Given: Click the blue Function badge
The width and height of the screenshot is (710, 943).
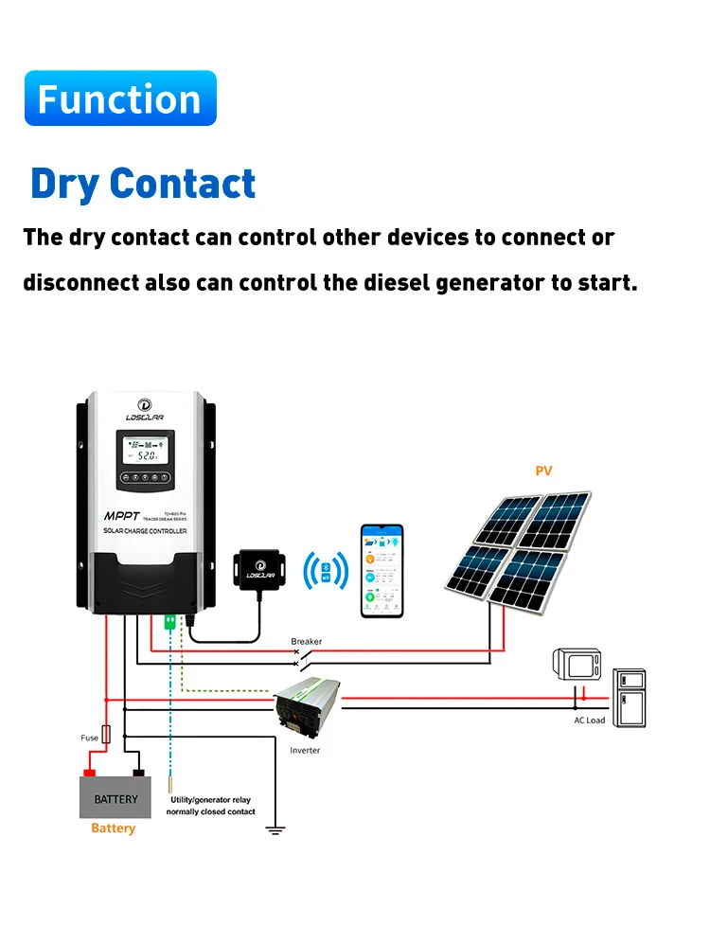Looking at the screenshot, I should (120, 98).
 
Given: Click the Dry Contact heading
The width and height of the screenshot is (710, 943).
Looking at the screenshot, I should (143, 184).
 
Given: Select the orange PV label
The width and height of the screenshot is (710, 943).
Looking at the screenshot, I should (542, 471).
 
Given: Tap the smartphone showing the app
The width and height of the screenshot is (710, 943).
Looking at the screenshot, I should (381, 571).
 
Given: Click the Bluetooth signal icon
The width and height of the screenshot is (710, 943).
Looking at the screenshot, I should (325, 571).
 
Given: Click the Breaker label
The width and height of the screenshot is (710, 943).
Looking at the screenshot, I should (306, 641).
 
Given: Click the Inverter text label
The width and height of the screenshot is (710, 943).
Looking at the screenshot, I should (305, 751).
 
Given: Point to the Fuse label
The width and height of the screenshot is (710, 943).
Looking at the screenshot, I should (89, 738).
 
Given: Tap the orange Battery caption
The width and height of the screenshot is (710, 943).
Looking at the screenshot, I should (114, 828).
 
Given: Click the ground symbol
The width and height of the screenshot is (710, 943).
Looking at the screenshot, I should (275, 831).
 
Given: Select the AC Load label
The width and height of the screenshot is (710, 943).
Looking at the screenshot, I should (589, 721).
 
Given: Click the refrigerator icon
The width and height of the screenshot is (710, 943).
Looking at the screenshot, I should (629, 697).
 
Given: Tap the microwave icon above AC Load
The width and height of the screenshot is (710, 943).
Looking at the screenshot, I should (576, 665).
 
